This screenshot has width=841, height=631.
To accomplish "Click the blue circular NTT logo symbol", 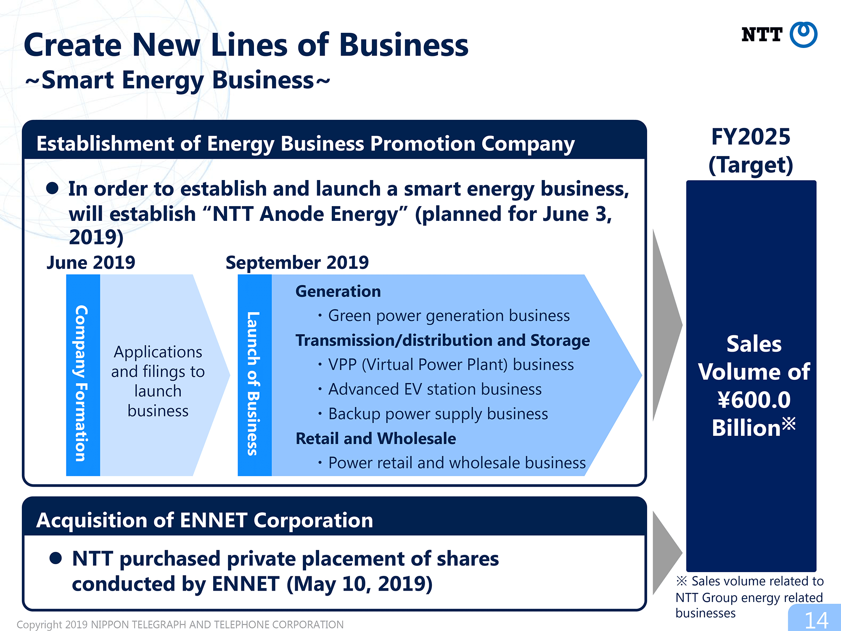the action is click(x=803, y=34).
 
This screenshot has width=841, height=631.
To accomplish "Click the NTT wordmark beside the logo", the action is click(x=762, y=34).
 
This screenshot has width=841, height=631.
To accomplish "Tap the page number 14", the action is click(x=816, y=620).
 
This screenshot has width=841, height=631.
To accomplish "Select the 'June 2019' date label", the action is click(x=91, y=262).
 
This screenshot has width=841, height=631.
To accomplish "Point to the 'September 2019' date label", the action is click(x=297, y=262).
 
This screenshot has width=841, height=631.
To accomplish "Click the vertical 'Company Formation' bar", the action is click(x=83, y=375).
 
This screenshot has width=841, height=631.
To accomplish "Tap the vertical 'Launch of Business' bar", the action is click(x=254, y=375).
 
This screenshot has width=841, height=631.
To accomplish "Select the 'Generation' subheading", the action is click(x=338, y=292).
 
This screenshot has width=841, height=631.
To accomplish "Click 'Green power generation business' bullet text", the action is click(x=449, y=315).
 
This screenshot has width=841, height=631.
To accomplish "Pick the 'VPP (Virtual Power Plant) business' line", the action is click(x=451, y=365).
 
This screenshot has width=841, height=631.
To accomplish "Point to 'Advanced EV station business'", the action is click(x=435, y=389).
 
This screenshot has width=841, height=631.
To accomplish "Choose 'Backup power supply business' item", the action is click(x=438, y=414).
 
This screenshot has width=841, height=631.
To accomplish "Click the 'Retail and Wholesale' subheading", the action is click(x=376, y=438).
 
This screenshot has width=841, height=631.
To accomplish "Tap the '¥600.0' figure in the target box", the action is click(x=754, y=400).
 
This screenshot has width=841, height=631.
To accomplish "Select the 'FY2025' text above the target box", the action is click(x=751, y=137).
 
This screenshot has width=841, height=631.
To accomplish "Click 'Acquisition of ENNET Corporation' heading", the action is click(x=205, y=520).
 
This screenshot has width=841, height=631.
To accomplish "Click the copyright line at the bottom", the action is click(x=180, y=625).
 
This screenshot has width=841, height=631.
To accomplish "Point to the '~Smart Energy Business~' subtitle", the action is click(x=177, y=80).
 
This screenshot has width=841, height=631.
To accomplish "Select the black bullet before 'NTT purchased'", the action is click(x=56, y=558).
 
